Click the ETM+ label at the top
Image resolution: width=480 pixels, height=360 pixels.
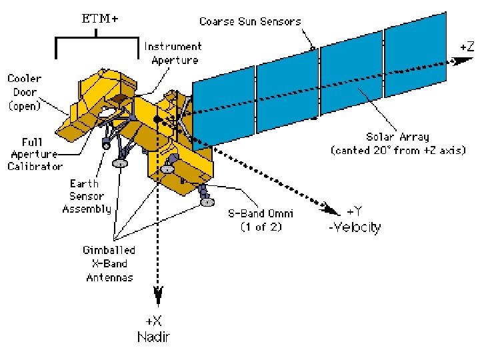pos(100,19)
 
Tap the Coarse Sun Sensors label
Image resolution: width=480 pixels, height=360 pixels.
pos(250,21)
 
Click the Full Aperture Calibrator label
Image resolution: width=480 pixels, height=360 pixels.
pos(35,153)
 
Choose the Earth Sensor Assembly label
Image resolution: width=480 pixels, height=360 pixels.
pos(87,196)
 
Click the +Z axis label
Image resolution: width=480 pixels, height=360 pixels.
pos(467,46)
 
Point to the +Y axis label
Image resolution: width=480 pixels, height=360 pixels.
pos(357,212)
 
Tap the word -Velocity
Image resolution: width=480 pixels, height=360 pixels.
pos(355,227)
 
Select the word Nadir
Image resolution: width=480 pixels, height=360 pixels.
pos(153,337)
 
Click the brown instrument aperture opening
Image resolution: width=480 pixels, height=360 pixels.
pos(120,99)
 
